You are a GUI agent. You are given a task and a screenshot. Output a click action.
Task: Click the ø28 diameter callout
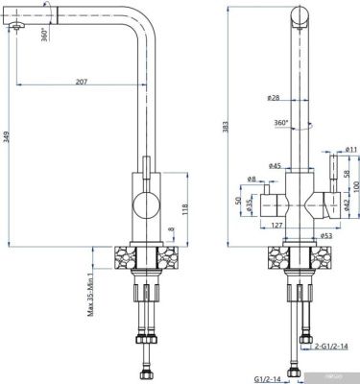click(x=275, y=98)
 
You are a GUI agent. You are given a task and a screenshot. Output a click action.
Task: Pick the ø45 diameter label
click(x=276, y=166)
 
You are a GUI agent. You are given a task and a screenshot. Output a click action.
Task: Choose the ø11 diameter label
click(x=350, y=149)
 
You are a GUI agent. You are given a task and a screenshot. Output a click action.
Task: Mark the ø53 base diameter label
click(x=300, y=235)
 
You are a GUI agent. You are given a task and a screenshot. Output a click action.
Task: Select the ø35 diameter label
click(x=250, y=204)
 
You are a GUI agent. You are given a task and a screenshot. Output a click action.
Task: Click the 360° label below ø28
click(x=281, y=123)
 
